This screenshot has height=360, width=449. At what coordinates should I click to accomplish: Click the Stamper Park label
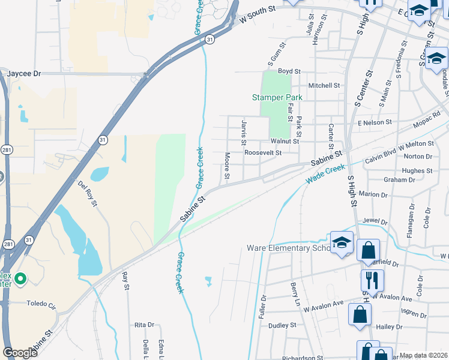tap(277, 97)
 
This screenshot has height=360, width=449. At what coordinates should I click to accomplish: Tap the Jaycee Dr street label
tap(24, 73)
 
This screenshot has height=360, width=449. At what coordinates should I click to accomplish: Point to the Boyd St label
tap(289, 71)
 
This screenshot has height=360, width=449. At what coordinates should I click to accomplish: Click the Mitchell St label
tap(324, 86)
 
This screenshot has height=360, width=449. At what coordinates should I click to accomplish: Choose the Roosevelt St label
tap(263, 153)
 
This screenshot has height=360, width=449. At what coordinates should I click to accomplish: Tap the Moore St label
tap(227, 165)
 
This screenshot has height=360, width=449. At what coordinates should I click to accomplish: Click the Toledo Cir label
tap(41, 304)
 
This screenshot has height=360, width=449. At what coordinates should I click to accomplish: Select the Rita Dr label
tap(145, 325)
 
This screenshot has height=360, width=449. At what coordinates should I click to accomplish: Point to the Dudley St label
tap(283, 325)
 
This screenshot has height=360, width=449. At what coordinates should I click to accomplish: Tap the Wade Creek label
tap(325, 174)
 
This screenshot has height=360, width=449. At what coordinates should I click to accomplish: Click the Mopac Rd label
tap(427, 119)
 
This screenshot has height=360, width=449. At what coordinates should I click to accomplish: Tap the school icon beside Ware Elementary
tap(342, 242)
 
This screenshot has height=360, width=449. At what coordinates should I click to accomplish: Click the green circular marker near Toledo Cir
tap(20, 278)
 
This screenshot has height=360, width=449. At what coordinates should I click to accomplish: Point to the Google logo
tap(20, 352)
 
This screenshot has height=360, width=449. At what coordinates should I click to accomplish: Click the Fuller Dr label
tap(262, 305)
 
